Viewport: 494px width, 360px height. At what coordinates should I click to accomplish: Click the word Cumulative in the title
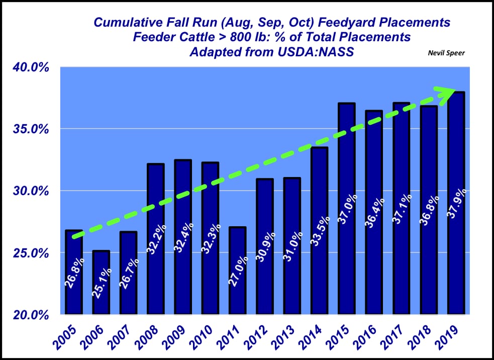click(x=121, y=23)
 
